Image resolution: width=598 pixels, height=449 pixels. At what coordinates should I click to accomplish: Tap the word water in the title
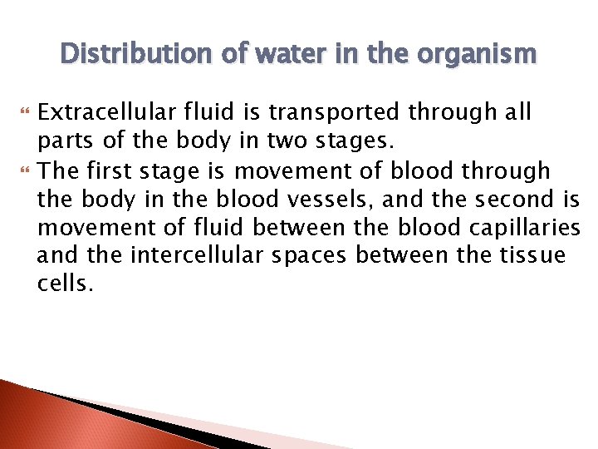point(279,54)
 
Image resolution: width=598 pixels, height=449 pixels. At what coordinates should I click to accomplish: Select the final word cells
point(62,283)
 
